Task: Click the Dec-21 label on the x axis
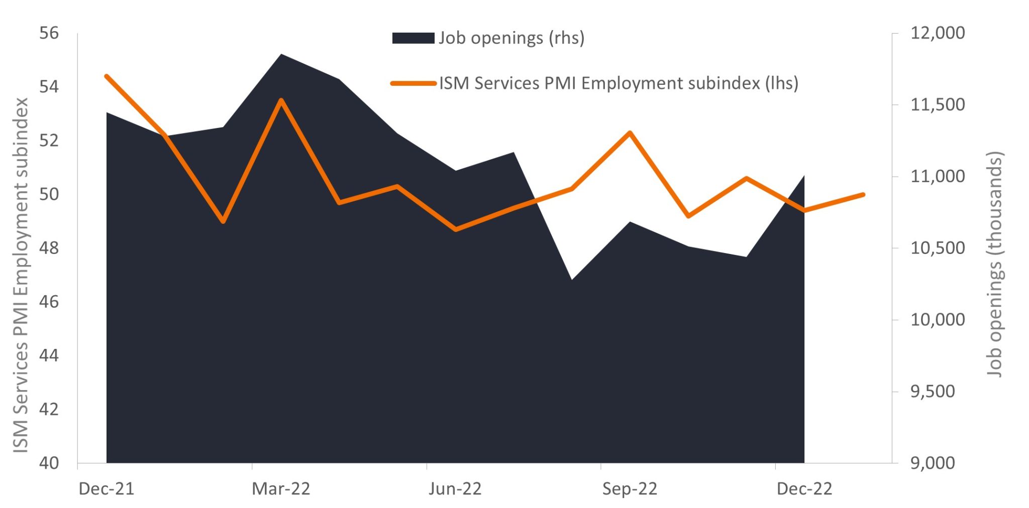click(x=107, y=488)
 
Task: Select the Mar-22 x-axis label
click(x=281, y=488)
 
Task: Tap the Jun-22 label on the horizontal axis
click(x=455, y=488)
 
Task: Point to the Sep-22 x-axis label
click(x=630, y=488)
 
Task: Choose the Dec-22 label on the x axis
click(x=804, y=488)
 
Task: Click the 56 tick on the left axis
click(x=49, y=33)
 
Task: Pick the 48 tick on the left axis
click(x=49, y=248)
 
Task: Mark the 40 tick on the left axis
click(x=49, y=463)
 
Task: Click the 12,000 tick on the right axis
click(x=938, y=33)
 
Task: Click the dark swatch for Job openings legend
click(x=413, y=38)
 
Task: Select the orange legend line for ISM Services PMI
click(x=413, y=83)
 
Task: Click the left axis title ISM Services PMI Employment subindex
click(x=21, y=275)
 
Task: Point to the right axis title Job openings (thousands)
click(x=994, y=264)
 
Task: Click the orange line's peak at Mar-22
click(x=281, y=100)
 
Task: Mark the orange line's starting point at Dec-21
click(x=107, y=76)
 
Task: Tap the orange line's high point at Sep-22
click(x=630, y=133)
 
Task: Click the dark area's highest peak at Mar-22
click(x=281, y=54)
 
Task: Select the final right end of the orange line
click(x=863, y=194)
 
